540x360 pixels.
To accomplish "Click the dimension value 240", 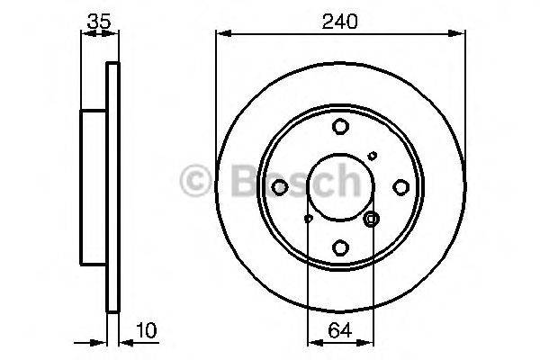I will [x=339, y=20].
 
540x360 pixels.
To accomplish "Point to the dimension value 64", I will [x=339, y=331].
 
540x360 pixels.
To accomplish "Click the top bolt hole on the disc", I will [x=339, y=127].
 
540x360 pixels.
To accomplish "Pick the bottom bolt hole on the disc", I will [x=339, y=247].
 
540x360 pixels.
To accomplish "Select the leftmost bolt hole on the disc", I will [x=279, y=187].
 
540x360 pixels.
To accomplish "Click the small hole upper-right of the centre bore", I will [x=373, y=157].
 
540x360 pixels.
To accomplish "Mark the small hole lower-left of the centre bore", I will [x=308, y=218].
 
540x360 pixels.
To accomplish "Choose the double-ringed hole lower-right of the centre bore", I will [x=372, y=219].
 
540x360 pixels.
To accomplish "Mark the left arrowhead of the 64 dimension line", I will [x=312, y=342].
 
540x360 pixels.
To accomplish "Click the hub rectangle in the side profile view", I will [x=94, y=187].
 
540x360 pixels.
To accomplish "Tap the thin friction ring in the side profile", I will [x=112, y=187].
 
